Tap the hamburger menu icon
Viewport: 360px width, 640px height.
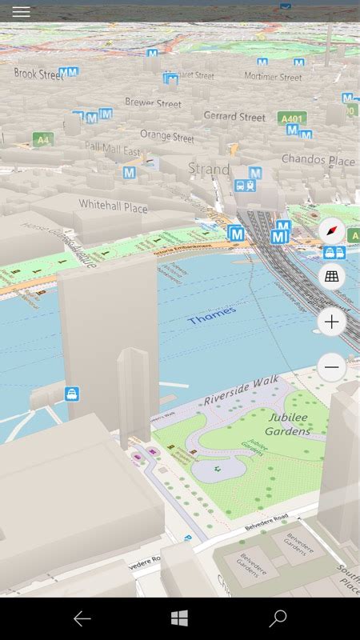(22, 12)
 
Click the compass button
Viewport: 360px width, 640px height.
(331, 232)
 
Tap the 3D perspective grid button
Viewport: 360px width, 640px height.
(331, 277)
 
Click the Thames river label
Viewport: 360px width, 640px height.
(212, 315)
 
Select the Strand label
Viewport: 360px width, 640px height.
(209, 169)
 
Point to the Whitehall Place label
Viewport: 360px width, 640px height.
(113, 206)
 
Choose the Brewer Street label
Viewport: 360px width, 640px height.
(153, 103)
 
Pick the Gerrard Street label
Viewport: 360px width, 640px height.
(234, 116)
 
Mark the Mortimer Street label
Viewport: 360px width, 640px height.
(273, 78)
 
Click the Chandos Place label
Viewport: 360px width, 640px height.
(318, 160)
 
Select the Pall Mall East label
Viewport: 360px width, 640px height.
(112, 150)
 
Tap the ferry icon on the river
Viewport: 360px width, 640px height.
(72, 394)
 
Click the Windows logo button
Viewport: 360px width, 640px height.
(179, 618)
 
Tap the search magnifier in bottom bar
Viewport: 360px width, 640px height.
(278, 618)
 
